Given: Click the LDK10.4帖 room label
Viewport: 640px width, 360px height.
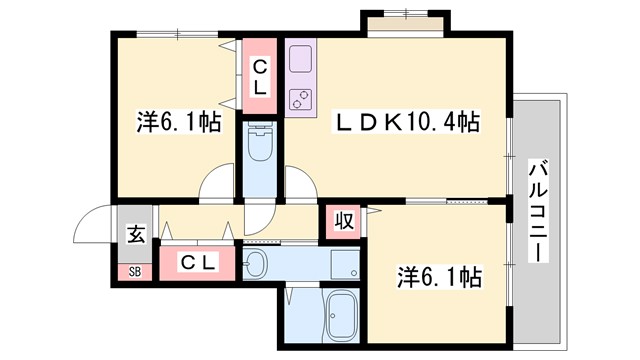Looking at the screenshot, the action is coord(406,122).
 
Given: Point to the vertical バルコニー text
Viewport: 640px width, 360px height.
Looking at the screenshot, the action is coord(540,211).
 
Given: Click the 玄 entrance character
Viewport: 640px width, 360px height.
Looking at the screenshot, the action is coord(134,236).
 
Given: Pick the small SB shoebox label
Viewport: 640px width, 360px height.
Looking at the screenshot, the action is coord(133,270).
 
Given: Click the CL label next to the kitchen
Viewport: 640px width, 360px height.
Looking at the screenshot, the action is coord(259,78).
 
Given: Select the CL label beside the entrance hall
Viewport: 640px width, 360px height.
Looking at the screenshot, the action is coord(198,262).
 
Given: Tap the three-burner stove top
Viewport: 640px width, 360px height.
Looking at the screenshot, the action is coord(300,98).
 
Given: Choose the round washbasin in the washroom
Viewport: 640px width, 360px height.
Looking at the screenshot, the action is coord(255,264).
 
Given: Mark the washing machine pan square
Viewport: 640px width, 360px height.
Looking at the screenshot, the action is coord(344,263).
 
